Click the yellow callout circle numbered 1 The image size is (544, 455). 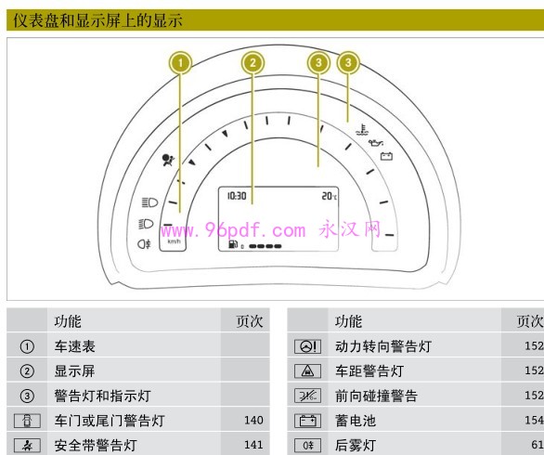coord(180,63)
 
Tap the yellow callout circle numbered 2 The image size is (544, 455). coord(253,63)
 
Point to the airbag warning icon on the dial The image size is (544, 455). coord(168,160)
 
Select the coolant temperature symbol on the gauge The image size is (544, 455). coord(362,130)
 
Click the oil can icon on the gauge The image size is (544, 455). coord(376,143)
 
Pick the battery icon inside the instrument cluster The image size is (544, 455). coord(386,156)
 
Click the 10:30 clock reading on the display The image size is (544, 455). coord(237,196)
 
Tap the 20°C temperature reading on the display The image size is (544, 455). coord(329,196)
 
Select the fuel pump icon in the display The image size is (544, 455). coord(233,245)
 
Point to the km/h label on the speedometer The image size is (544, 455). coord(174,241)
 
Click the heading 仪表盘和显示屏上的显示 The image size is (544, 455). coord(97,20)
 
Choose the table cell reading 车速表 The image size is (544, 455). coord(74,346)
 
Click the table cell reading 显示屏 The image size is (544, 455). coord(74,371)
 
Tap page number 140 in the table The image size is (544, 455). coord(253,421)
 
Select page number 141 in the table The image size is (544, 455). coord(253,445)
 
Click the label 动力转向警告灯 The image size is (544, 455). coord(383,346)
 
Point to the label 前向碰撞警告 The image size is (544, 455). coord(376,396)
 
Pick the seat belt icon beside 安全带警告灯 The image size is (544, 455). coord(27,446)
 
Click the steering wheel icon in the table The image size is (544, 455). coord(307,346)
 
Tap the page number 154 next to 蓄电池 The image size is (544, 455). coord(534,421)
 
